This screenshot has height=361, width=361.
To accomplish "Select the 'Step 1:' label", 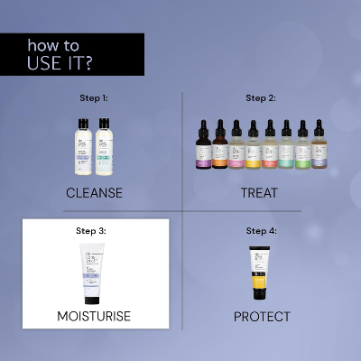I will coord(93,99).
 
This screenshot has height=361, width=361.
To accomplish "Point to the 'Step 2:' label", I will coord(261,98).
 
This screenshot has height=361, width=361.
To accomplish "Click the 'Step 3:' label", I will coord(92,231).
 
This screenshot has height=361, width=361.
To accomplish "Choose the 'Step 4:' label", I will coord(261,231).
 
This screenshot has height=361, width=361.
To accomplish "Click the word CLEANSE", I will coord(94,192).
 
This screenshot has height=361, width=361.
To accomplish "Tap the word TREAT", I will coord(260,192).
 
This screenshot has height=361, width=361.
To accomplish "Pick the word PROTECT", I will coord(262,317).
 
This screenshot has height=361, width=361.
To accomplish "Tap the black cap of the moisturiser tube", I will coord(92,299).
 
